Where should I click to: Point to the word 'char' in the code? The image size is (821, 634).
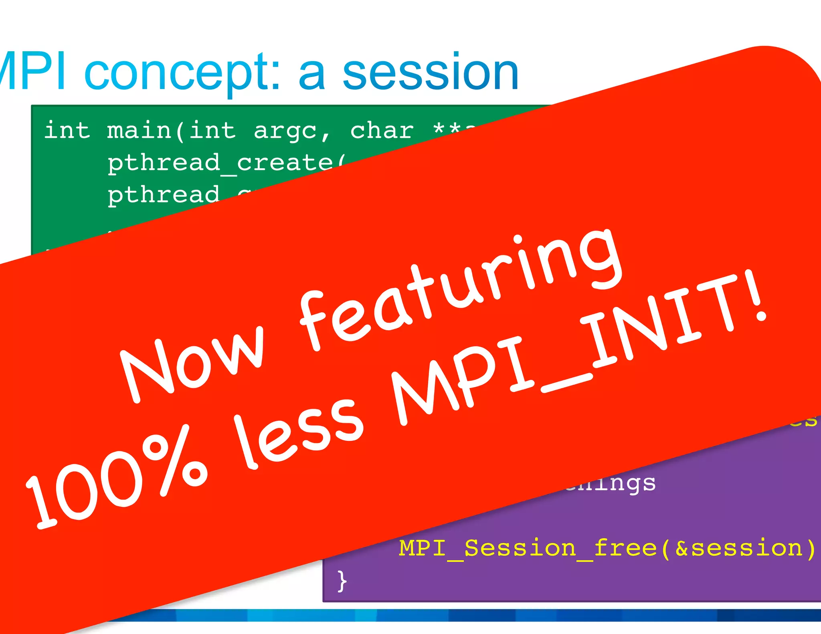click(382, 131)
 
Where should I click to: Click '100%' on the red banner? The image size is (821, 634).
click(116, 477)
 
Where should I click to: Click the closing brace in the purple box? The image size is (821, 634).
click(342, 581)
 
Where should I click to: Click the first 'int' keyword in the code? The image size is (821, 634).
click(67, 131)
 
